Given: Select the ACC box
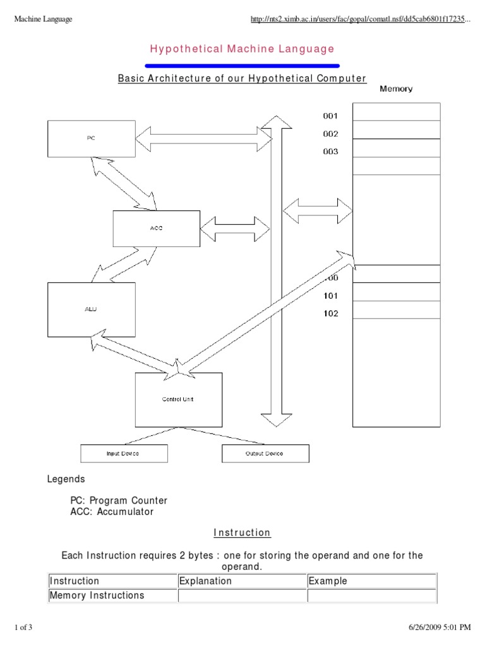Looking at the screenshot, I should click(x=156, y=228).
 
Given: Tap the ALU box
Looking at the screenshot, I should click(x=92, y=309).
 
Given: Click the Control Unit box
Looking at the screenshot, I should click(x=179, y=399).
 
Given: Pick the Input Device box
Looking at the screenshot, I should click(x=124, y=454).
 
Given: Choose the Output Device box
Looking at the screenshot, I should click(x=265, y=454).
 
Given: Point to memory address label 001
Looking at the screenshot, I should click(x=330, y=116).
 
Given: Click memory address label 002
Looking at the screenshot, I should click(x=330, y=134).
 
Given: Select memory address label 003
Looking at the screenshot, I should click(x=330, y=152).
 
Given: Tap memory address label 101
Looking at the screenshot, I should click(x=330, y=296).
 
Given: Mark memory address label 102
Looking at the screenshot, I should click(x=330, y=313).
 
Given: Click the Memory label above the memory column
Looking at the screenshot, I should click(x=396, y=89).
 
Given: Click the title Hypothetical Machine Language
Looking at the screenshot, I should click(x=242, y=49).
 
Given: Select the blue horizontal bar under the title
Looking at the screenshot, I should click(x=242, y=65).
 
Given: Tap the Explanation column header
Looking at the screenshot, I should click(x=206, y=581).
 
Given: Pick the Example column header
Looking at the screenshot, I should click(x=328, y=581).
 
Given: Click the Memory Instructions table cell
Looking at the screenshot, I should click(x=97, y=595).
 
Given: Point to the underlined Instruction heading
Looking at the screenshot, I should click(x=242, y=533).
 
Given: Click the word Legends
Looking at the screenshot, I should click(x=66, y=480).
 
